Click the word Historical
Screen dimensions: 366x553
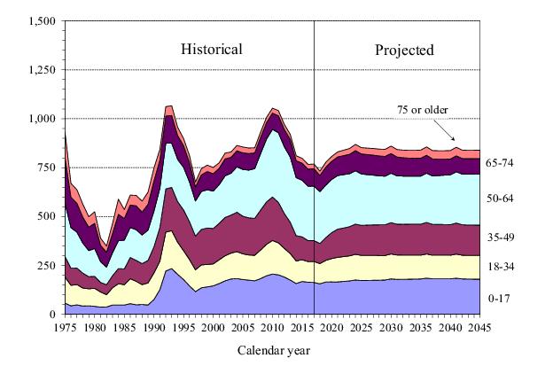pos(212,49)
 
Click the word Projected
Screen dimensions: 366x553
pos(404,50)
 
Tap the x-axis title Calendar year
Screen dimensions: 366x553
pos(275,350)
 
